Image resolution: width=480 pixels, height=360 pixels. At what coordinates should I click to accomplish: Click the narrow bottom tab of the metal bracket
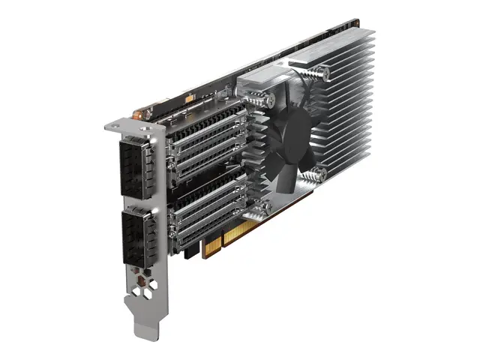pyautogui.click(x=146, y=325)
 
